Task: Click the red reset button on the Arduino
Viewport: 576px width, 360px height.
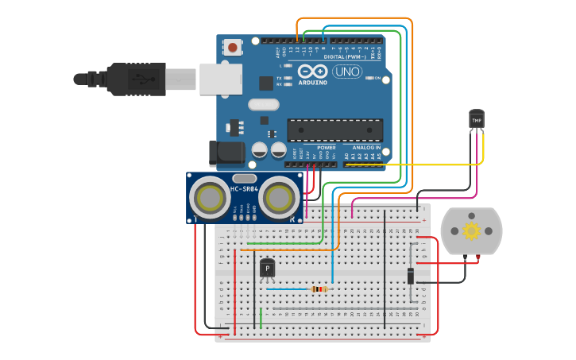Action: (232, 48)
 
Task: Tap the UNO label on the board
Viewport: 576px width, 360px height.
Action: (346, 72)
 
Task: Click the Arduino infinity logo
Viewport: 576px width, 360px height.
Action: (312, 71)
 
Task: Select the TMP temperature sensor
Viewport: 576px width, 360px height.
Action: (477, 118)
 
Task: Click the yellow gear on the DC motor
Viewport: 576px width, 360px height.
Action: (472, 230)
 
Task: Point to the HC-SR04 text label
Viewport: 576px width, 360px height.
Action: (245, 189)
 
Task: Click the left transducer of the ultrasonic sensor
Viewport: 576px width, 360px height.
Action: (211, 196)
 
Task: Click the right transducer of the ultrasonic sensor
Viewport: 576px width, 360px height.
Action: (279, 196)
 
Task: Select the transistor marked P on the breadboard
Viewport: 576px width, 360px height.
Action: (267, 269)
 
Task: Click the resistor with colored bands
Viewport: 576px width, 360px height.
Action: (319, 289)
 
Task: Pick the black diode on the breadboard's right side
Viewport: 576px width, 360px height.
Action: (410, 275)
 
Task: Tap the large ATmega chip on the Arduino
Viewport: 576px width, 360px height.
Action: (334, 130)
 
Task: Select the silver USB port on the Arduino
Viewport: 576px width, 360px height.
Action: (220, 79)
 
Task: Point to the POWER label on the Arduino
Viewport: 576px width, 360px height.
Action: (327, 147)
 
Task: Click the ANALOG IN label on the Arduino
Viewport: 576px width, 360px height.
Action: (366, 147)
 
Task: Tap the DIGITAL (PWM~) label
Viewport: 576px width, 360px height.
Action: (345, 56)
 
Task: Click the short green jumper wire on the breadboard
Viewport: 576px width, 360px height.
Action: (261, 318)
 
